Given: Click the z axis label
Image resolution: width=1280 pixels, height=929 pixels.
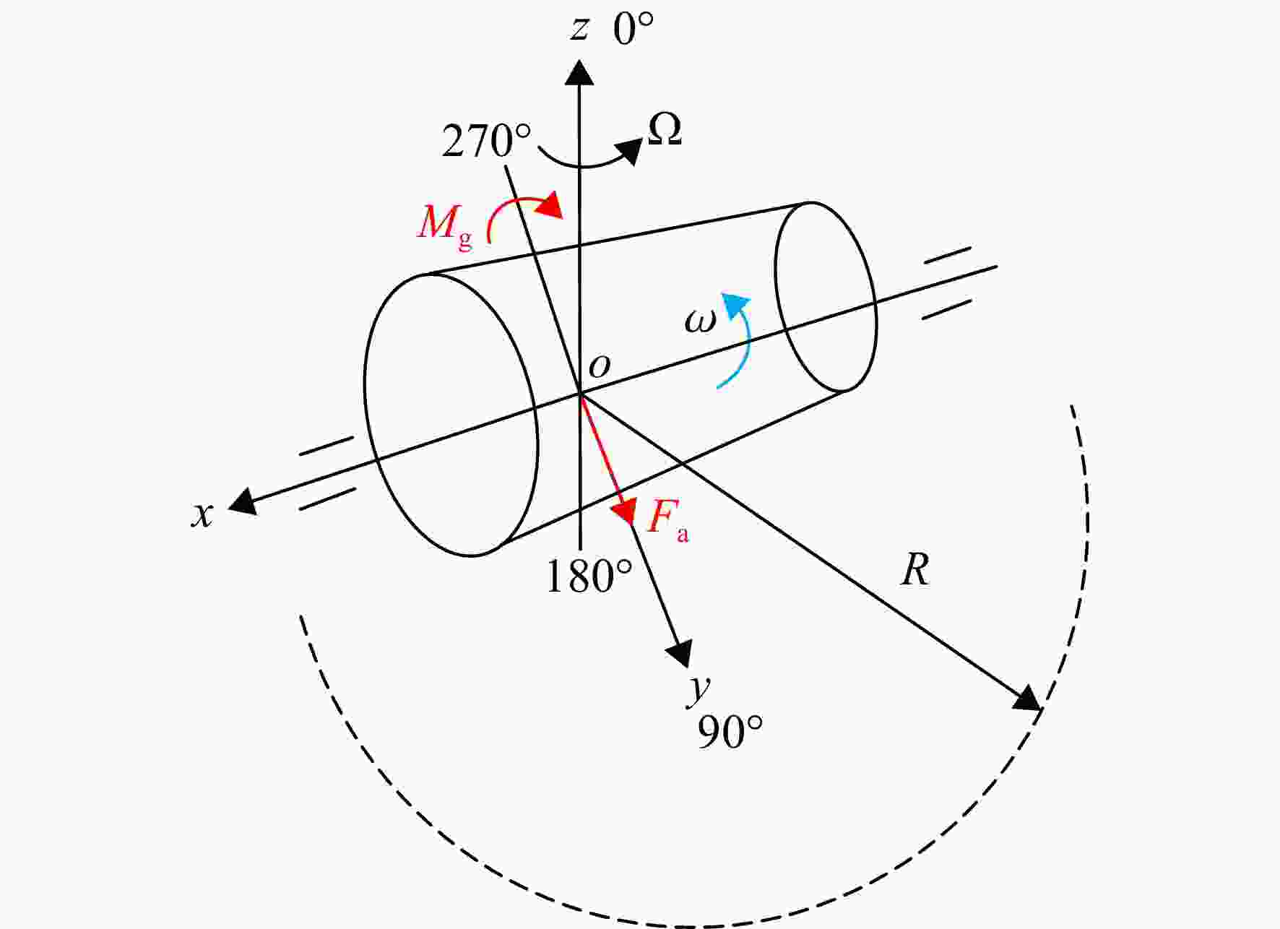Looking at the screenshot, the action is (579, 30).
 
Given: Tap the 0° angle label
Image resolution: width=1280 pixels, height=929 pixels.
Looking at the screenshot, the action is (633, 30).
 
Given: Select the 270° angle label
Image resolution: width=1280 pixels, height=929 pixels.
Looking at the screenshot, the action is (486, 141).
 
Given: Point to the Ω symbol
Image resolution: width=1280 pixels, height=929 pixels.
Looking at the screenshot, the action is (665, 131).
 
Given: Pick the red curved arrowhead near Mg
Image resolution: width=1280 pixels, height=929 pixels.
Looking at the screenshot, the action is (550, 204).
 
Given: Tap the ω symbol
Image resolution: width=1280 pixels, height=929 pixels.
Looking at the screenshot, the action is (700, 321).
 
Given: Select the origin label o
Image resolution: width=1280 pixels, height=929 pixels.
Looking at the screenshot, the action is (600, 366).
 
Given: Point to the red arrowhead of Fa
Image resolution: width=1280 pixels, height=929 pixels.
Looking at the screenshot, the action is (623, 510).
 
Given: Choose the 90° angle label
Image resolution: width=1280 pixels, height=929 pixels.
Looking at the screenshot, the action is (730, 733).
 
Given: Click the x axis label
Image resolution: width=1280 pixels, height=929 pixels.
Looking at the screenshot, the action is (203, 514).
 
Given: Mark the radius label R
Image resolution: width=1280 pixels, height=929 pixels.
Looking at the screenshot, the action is (914, 571).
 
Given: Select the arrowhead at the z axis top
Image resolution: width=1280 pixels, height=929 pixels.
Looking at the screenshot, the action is (579, 72).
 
